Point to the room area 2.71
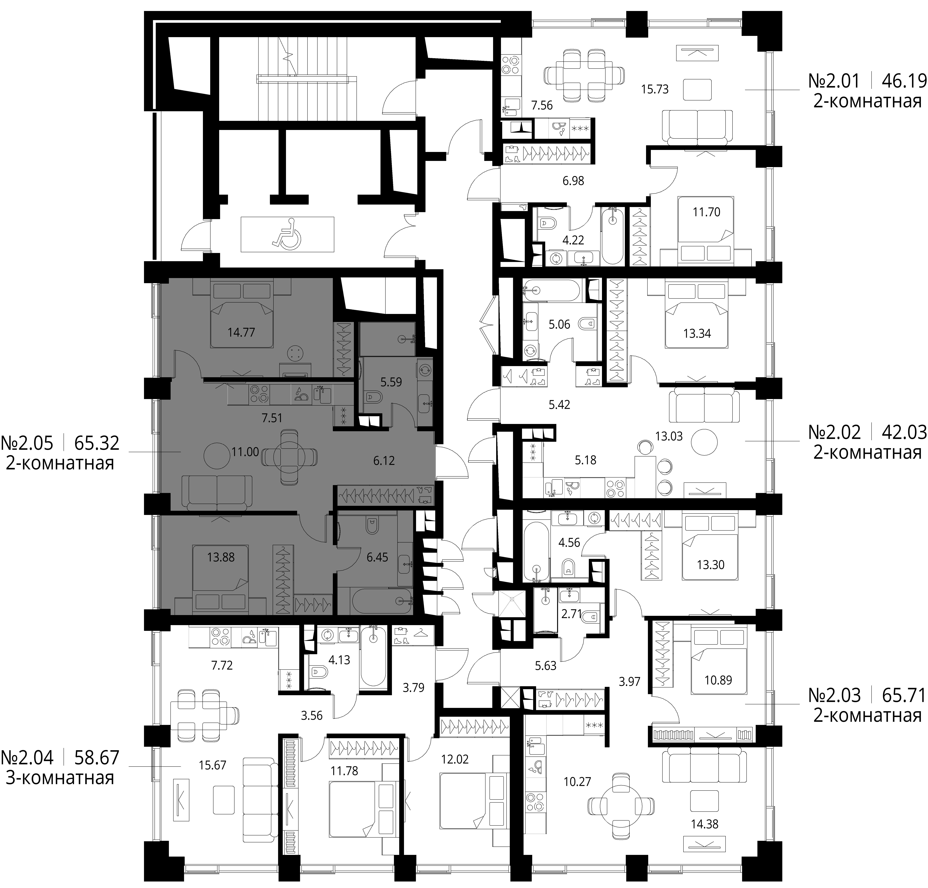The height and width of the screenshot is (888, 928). coord(571,614)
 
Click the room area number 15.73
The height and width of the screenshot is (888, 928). coord(655,89)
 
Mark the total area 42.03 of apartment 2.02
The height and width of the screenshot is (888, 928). coord(904,432)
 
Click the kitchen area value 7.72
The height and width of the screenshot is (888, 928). coord(222,665)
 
